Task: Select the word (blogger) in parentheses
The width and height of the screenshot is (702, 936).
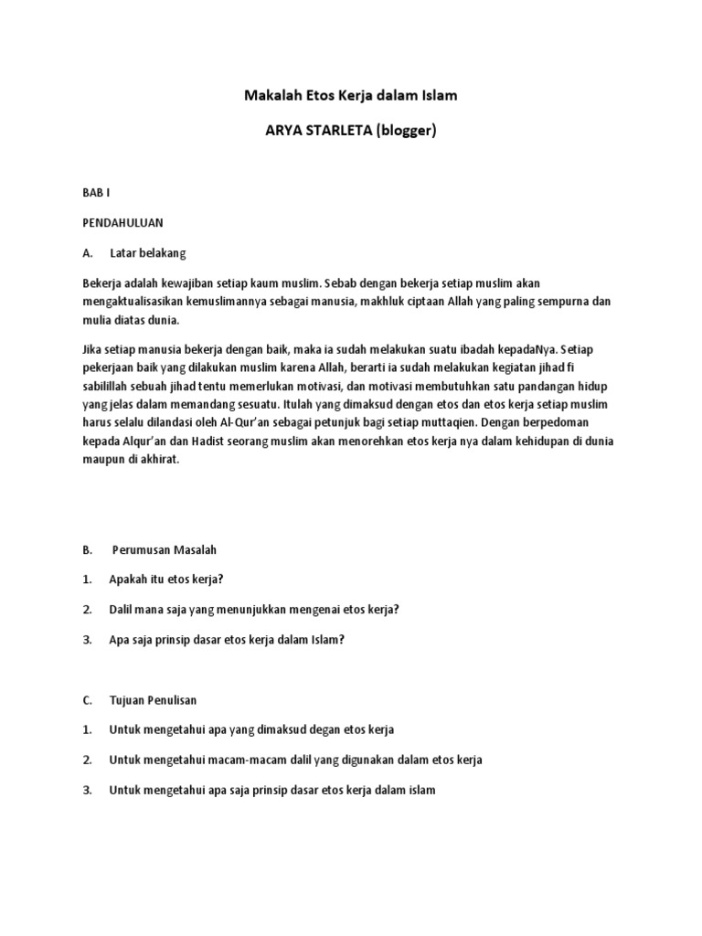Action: pyautogui.click(x=412, y=131)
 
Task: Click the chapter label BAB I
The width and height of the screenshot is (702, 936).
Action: pyautogui.click(x=95, y=193)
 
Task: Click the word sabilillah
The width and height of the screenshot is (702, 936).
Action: pyautogui.click(x=108, y=386)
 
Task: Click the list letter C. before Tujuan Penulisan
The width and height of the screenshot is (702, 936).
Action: pyautogui.click(x=88, y=700)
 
